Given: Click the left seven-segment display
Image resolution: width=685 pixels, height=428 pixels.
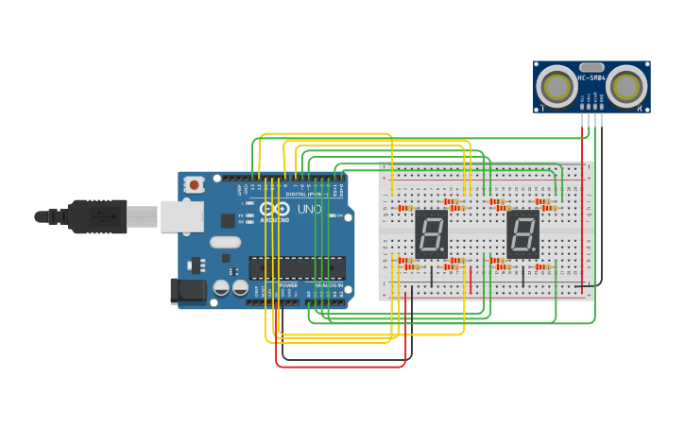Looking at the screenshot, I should (431, 233).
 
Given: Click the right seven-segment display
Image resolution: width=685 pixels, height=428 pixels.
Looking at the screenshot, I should (522, 233).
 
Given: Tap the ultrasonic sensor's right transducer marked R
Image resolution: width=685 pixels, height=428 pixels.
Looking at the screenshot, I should (626, 87).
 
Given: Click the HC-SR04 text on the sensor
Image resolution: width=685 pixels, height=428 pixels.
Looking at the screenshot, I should (591, 77).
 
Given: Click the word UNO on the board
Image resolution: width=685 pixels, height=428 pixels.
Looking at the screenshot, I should (309, 209).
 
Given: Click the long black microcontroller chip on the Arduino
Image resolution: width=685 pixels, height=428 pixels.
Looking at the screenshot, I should (297, 267).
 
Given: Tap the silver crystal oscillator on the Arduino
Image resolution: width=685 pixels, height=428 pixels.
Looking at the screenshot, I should (226, 242).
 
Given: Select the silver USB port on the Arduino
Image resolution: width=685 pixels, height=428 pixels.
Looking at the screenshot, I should (181, 216).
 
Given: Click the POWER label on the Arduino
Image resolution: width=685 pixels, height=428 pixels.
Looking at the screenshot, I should (288, 285).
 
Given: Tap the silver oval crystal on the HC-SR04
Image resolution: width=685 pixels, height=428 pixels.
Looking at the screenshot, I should (591, 67).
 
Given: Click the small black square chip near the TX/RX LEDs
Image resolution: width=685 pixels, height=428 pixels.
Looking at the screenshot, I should (228, 220).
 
